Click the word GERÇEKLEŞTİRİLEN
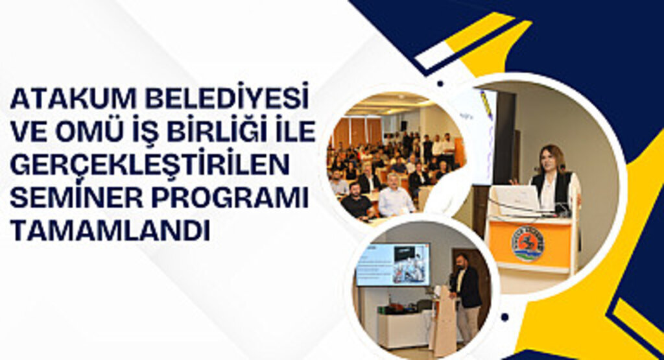tap(150, 165)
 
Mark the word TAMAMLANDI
tap(110, 230)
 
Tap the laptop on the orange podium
tap(516, 199)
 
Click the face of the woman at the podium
tap(552, 158)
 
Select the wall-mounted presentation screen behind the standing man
tap(392, 264)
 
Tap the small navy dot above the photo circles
tap(440, 83)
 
